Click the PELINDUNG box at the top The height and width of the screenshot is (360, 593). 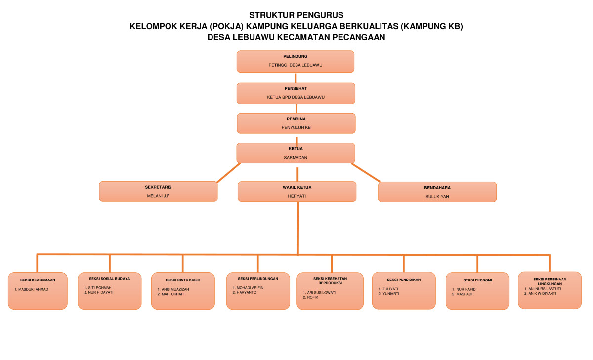coord(296,61)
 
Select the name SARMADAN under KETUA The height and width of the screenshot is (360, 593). coord(296,157)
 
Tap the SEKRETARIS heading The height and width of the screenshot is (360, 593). coord(158,188)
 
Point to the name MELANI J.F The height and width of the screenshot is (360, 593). coord(158,196)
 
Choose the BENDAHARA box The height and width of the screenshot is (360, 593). coord(437,192)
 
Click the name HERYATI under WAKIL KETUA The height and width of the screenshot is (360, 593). coord(296,196)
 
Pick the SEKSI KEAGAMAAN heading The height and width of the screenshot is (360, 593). coord(38,280)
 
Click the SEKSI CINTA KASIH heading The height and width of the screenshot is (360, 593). coord(183,280)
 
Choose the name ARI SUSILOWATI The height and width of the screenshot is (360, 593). coord(321,292)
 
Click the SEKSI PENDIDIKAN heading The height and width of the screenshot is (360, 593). coord(404,280)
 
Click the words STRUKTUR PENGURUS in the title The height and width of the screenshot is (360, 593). coord(296,15)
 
